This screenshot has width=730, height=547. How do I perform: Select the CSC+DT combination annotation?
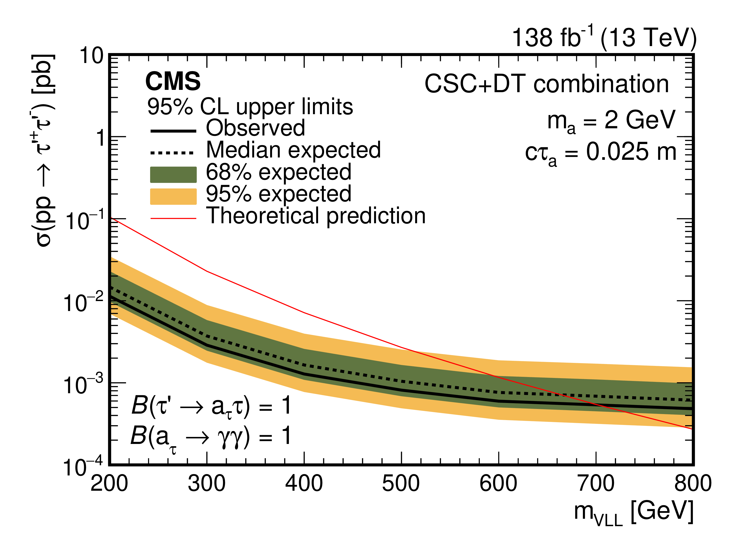click(547, 84)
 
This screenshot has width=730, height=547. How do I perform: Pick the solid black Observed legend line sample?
click(173, 131)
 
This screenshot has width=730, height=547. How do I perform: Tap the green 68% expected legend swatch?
click(173, 175)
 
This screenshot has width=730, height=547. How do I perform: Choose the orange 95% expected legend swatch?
click(173, 196)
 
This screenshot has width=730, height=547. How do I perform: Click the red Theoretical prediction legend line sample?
click(173, 218)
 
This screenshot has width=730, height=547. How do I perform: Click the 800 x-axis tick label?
click(693, 484)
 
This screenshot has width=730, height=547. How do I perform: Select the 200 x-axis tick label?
click(109, 484)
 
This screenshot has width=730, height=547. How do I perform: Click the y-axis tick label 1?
click(100, 138)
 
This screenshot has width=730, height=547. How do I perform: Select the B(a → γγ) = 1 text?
click(211, 437)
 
